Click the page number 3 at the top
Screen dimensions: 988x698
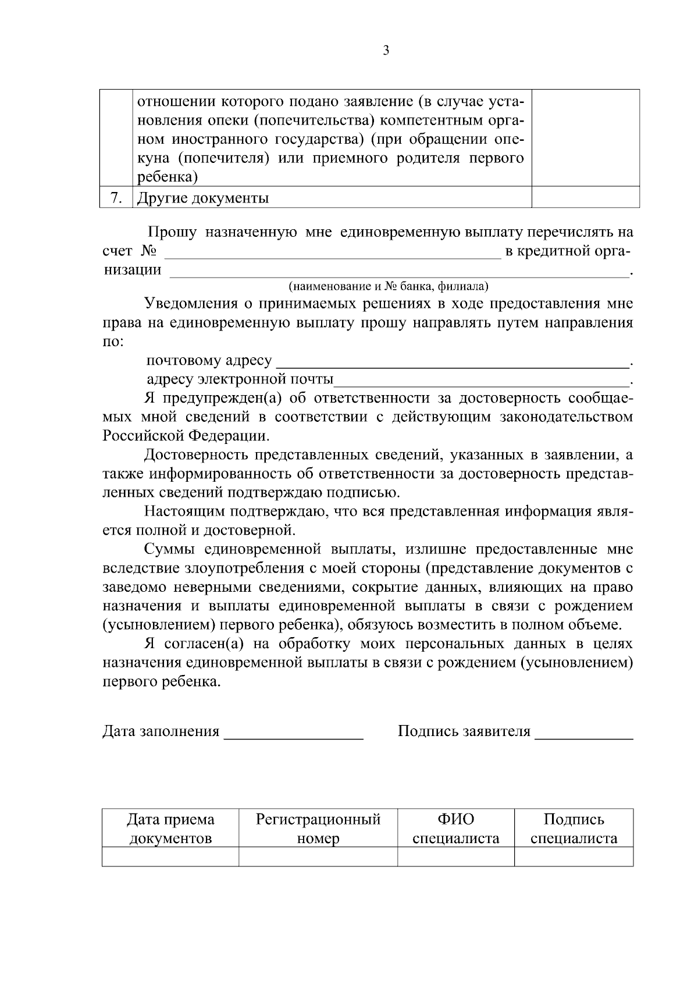tap(386, 51)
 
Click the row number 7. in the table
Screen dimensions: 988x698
tap(116, 198)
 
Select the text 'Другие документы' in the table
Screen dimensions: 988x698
tap(202, 198)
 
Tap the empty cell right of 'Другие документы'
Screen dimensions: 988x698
tap(585, 197)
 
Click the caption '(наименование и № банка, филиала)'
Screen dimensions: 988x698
tap(389, 286)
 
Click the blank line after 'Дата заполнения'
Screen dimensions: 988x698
tap(294, 732)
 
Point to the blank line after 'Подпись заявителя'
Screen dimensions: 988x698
tap(583, 732)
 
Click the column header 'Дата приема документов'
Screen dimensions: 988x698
tap(170, 829)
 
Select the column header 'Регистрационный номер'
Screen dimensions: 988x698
tap(318, 829)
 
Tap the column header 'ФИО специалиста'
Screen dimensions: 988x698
tap(456, 829)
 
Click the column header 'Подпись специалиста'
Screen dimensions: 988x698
tap(574, 829)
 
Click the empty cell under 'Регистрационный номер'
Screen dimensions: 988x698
tap(318, 856)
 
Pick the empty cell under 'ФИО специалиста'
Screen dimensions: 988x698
tap(456, 856)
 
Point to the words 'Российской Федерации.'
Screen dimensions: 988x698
tap(186, 436)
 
